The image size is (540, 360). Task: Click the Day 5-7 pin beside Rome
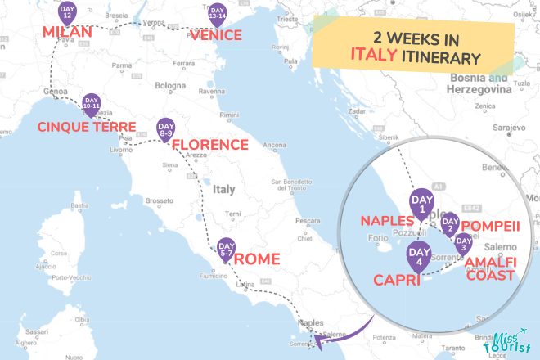[x=227, y=247]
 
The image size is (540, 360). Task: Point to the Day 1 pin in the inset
[x=423, y=205]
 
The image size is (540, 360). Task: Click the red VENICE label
[x=216, y=35]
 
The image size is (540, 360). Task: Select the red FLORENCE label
[x=209, y=145]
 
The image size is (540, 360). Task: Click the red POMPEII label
[x=491, y=226]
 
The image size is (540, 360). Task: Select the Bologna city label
[x=171, y=85]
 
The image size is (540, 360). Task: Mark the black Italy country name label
[x=223, y=189]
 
